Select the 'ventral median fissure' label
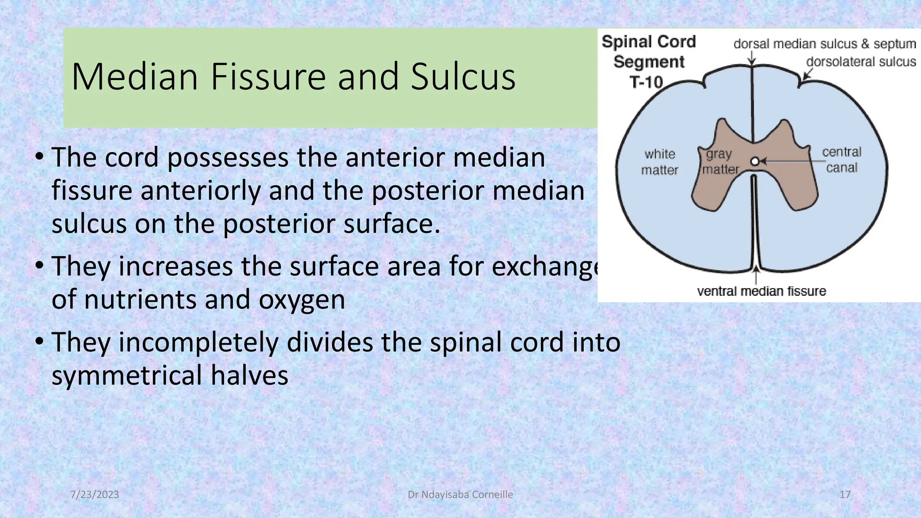tap(761, 291)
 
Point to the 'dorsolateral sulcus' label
tap(861, 62)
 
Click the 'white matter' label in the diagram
tap(659, 162)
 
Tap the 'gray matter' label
tap(720, 162)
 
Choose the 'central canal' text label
tap(841, 160)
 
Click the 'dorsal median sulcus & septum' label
tap(824, 44)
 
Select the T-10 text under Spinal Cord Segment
tap(646, 82)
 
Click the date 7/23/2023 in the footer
tap(95, 495)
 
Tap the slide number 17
tap(845, 495)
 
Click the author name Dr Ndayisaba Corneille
tap(460, 495)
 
